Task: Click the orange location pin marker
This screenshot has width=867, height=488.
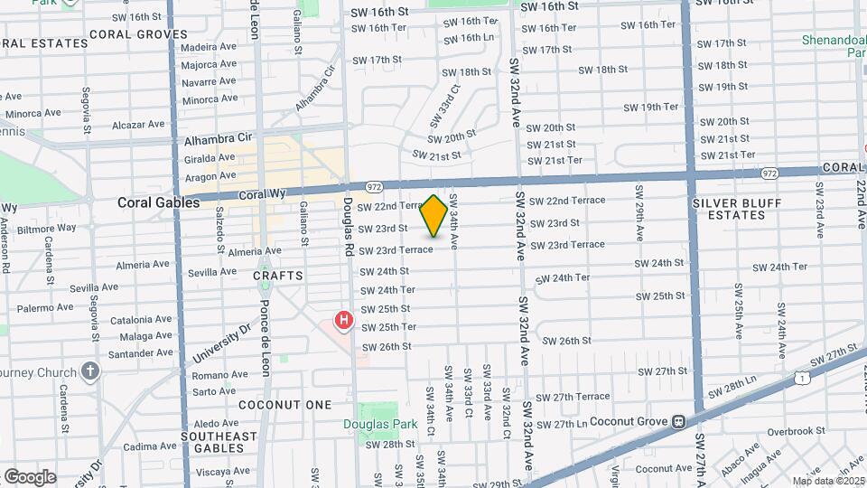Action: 433,216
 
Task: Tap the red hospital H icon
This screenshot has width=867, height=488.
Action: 343,320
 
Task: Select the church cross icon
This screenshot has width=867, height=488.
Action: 89,371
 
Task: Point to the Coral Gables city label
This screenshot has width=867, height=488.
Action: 158,203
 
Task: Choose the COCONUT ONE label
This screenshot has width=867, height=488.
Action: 285,405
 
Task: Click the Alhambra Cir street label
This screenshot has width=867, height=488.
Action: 218,141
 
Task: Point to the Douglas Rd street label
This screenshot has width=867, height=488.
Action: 347,226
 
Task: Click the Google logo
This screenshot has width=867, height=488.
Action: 30,476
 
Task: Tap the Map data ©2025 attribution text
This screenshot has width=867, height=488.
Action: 828,481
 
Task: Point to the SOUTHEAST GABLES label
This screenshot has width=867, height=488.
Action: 218,442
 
